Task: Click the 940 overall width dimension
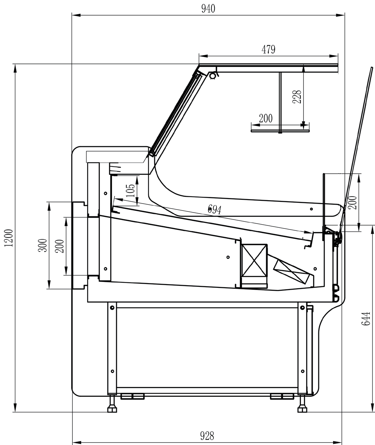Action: [208, 9]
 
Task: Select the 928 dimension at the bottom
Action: [207, 436]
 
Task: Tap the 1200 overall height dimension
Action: [9, 238]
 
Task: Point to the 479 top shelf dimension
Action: [268, 49]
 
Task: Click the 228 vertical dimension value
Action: [297, 97]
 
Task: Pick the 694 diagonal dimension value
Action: [214, 209]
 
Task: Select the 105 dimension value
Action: [130, 191]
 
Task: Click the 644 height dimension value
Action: [366, 319]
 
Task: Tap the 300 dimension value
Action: [42, 245]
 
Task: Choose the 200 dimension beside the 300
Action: [59, 246]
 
